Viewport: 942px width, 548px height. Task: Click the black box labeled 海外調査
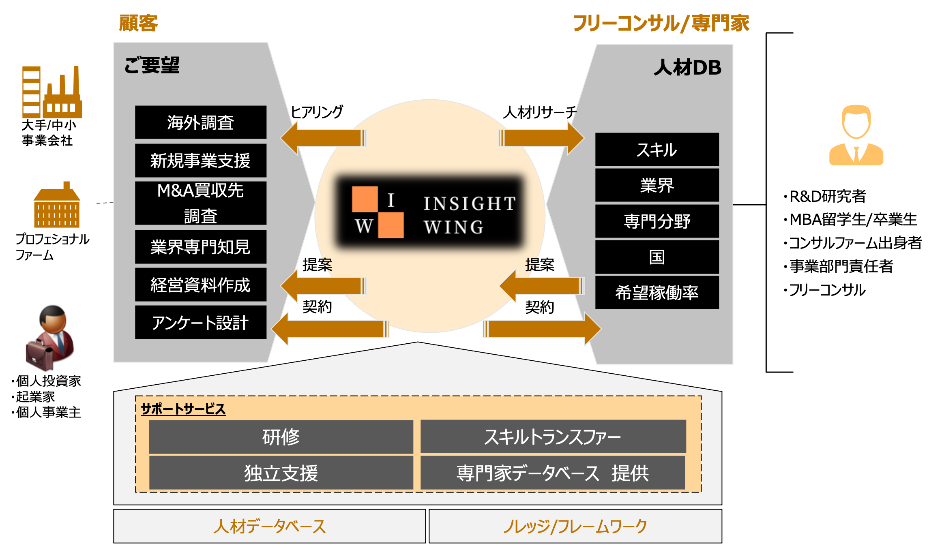(x=200, y=122)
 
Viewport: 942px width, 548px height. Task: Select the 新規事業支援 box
(x=200, y=161)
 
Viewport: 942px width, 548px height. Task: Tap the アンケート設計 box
(x=200, y=323)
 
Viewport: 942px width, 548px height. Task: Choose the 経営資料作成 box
(x=200, y=285)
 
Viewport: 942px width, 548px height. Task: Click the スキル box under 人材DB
(x=657, y=150)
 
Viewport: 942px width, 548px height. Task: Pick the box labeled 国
(x=657, y=257)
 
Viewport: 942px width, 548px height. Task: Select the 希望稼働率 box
(x=657, y=292)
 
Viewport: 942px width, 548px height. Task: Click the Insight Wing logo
(x=430, y=212)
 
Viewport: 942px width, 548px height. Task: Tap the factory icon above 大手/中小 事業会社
(x=51, y=92)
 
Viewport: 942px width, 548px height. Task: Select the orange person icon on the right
(x=856, y=135)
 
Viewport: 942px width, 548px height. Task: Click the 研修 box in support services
(x=281, y=437)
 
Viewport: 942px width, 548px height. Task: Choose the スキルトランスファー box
(x=553, y=437)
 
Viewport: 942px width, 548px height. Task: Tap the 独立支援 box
(x=281, y=473)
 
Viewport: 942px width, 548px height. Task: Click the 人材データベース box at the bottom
(x=269, y=526)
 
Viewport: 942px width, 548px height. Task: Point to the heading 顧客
(x=138, y=23)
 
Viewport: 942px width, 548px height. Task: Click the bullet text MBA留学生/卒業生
(x=853, y=219)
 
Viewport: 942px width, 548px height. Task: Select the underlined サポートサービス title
(x=183, y=409)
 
